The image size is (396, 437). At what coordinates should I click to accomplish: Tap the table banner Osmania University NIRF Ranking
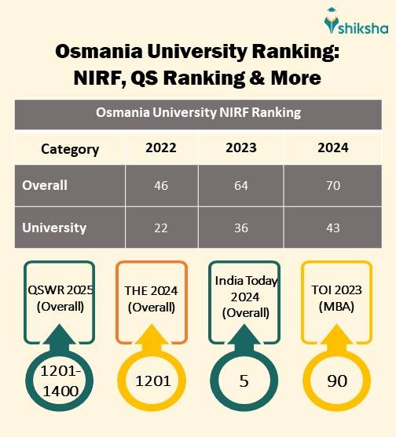click(198, 113)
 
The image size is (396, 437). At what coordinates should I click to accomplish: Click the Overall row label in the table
click(45, 186)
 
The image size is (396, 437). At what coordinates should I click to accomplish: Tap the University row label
click(54, 228)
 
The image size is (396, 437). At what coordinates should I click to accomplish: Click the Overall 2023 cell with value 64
click(241, 186)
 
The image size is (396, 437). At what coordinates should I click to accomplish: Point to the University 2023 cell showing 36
click(241, 228)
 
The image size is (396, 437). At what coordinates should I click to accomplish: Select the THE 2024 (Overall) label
click(151, 298)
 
